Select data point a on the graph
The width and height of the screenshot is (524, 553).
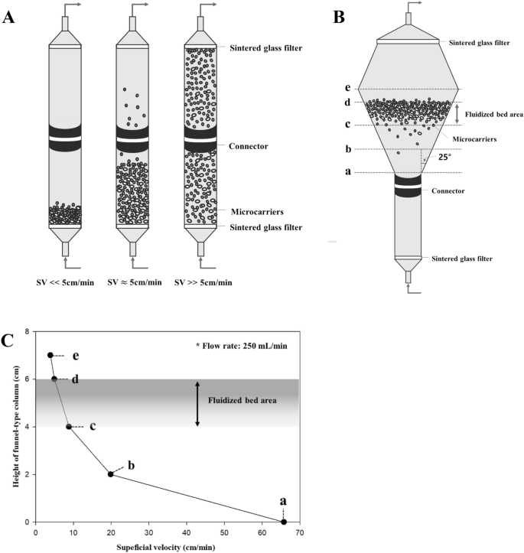click(x=284, y=522)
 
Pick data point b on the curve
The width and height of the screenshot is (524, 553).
click(x=111, y=474)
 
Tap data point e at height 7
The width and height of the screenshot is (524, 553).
click(x=50, y=355)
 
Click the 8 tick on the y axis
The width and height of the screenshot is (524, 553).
click(x=28, y=331)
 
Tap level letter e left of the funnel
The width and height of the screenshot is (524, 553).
click(x=349, y=89)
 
